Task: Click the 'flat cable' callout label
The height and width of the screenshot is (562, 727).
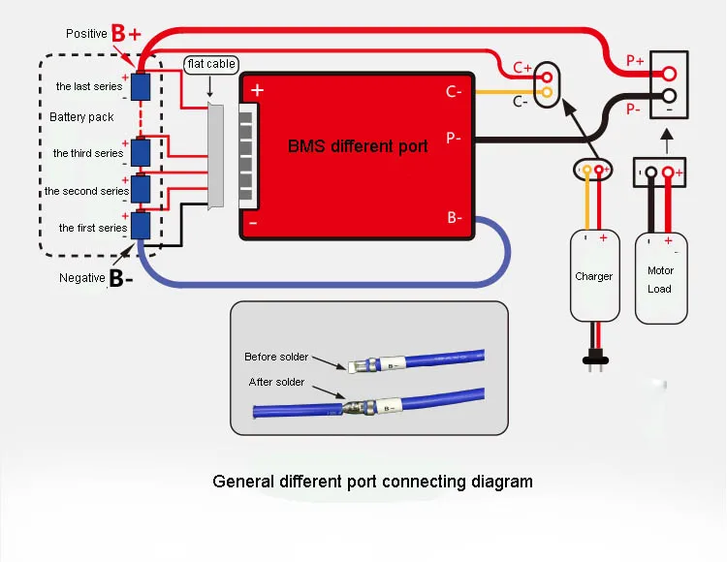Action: [211, 64]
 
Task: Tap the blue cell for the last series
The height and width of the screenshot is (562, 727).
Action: [141, 86]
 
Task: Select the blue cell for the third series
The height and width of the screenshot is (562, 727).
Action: [141, 152]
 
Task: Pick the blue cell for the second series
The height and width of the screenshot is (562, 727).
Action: [141, 189]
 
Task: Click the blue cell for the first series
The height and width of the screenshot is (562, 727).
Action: [141, 226]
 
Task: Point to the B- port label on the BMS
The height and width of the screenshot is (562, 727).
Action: [455, 217]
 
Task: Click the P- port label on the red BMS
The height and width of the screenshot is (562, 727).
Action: [454, 138]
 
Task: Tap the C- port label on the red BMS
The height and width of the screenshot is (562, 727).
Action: [454, 91]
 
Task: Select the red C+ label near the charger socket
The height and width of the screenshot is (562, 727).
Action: [522, 68]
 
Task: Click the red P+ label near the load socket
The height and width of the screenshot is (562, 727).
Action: [635, 60]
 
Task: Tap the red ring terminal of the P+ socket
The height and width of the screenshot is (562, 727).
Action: [669, 74]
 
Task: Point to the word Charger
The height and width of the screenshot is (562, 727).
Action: [593, 276]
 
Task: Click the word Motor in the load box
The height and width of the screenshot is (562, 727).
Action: [661, 270]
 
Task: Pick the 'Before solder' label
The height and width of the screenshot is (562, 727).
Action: [276, 357]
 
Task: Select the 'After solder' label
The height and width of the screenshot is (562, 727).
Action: [277, 382]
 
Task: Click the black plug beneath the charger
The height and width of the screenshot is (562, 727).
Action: [595, 360]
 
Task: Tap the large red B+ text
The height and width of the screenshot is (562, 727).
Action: [126, 33]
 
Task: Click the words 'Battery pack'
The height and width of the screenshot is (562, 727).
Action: [81, 117]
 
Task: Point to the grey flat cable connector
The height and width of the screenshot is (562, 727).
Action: [216, 156]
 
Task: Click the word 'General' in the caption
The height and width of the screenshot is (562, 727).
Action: [243, 482]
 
